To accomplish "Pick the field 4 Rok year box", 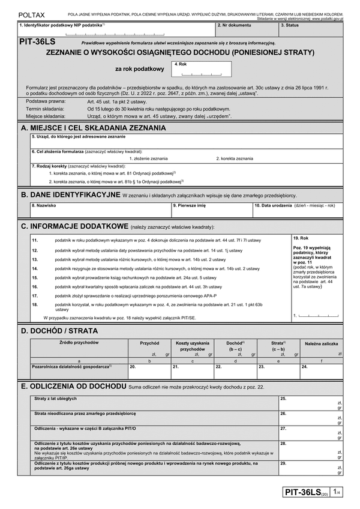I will click(x=197, y=70).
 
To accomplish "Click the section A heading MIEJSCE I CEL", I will click(x=94, y=128).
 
